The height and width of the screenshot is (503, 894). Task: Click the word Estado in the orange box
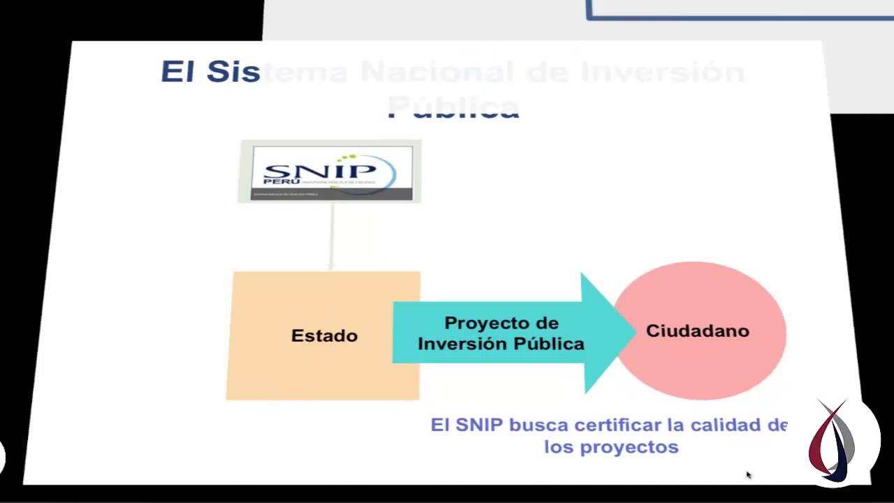(x=324, y=336)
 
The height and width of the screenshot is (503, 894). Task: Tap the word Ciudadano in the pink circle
(x=697, y=331)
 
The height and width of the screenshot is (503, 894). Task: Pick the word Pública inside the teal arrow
(x=549, y=344)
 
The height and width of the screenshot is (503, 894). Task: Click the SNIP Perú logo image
(x=331, y=172)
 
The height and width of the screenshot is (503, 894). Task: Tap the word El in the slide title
(x=177, y=72)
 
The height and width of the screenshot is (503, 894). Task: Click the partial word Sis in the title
(x=233, y=72)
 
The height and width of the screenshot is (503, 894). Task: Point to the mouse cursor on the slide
(x=748, y=475)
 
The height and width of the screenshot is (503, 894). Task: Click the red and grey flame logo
(x=833, y=440)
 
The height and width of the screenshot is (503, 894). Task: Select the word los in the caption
(x=558, y=447)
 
